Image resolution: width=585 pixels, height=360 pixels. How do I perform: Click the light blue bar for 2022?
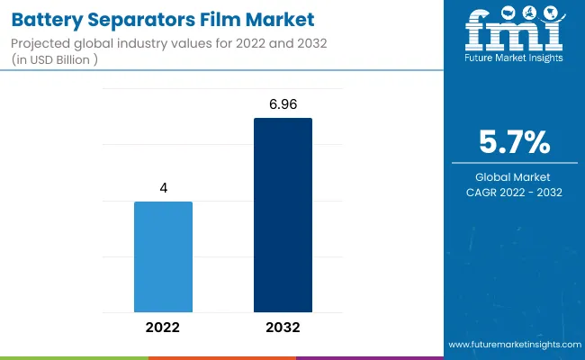click(x=163, y=256)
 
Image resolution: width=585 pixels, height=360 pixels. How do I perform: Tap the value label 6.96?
click(x=283, y=106)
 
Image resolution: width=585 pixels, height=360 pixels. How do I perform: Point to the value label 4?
click(x=164, y=189)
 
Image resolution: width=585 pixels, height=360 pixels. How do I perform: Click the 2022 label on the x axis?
click(x=163, y=328)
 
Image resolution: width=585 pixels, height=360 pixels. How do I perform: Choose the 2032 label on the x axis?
click(x=283, y=328)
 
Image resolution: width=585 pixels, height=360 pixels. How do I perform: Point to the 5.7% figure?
click(x=515, y=142)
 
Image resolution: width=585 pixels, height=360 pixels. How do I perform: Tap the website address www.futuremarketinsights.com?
click(x=514, y=345)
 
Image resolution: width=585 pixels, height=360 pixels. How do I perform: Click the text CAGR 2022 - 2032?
click(x=515, y=192)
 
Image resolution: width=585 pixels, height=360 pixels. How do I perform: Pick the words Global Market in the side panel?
click(x=515, y=176)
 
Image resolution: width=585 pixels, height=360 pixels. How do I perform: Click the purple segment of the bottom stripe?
click(x=369, y=357)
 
